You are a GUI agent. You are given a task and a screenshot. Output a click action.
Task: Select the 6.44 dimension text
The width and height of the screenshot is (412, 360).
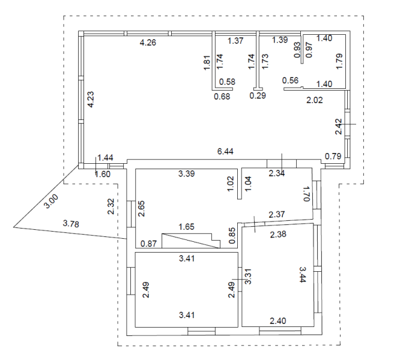click(225, 151)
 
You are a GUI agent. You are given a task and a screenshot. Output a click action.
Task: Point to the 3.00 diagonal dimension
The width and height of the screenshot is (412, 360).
click(53, 202)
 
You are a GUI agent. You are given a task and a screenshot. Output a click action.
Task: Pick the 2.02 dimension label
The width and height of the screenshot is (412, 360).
click(315, 100)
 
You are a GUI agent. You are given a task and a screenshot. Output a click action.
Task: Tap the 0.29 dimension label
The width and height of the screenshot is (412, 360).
click(258, 95)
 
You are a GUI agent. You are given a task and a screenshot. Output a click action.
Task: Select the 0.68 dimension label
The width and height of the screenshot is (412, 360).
click(223, 95)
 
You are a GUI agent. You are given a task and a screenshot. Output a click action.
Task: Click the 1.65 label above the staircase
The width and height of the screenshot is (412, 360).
click(187, 227)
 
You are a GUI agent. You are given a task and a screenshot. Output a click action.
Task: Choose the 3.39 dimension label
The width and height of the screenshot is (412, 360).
click(187, 174)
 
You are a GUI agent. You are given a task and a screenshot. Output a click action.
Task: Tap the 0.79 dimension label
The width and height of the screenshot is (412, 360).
click(333, 157)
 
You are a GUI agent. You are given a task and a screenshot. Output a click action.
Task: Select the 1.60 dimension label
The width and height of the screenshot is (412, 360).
click(104, 175)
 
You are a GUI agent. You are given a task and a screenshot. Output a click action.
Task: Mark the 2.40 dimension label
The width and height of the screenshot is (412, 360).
click(279, 321)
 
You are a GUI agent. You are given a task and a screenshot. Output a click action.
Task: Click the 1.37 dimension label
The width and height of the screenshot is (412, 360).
click(235, 40)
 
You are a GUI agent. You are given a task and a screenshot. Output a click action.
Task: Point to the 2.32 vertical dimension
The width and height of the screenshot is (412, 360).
click(111, 206)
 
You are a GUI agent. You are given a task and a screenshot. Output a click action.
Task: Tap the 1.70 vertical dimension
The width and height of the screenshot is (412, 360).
click(304, 193)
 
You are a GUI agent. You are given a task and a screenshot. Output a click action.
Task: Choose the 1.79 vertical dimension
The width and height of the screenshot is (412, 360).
click(339, 62)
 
